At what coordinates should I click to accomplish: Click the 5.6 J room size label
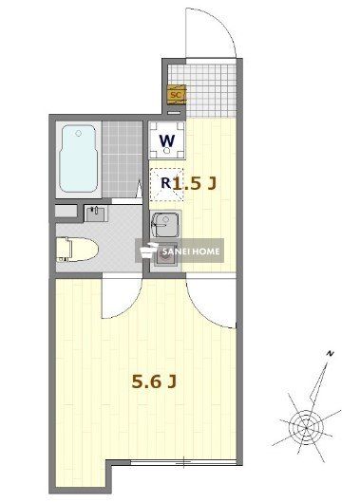153,381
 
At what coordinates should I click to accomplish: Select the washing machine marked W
166,142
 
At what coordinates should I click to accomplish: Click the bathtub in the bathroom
79,157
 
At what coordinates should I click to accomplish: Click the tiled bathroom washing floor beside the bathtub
121,157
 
